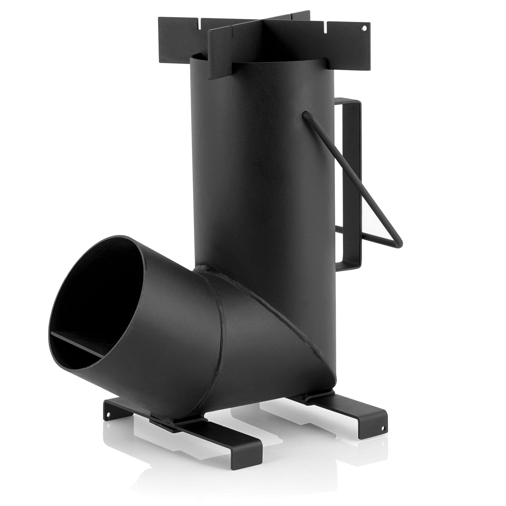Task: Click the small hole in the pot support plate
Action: (x=364, y=28)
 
